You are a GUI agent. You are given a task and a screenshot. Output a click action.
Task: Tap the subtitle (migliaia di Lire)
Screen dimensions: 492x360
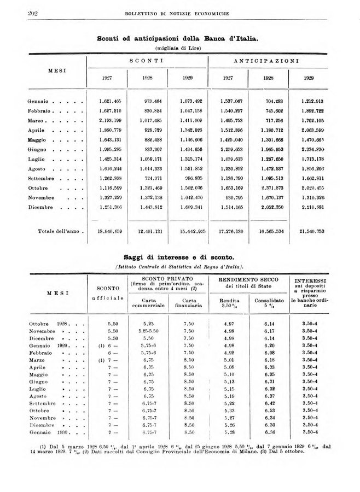click(x=178, y=48)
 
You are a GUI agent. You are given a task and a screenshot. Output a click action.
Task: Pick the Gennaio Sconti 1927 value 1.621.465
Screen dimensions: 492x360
click(x=110, y=101)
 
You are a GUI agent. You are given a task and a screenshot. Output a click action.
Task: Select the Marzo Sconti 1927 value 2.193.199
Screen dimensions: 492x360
click(x=110, y=120)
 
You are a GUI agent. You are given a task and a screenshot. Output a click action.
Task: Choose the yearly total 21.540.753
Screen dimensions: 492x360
click(x=312, y=232)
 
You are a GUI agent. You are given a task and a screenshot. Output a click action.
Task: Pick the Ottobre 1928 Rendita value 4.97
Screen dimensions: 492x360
click(x=229, y=324)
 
